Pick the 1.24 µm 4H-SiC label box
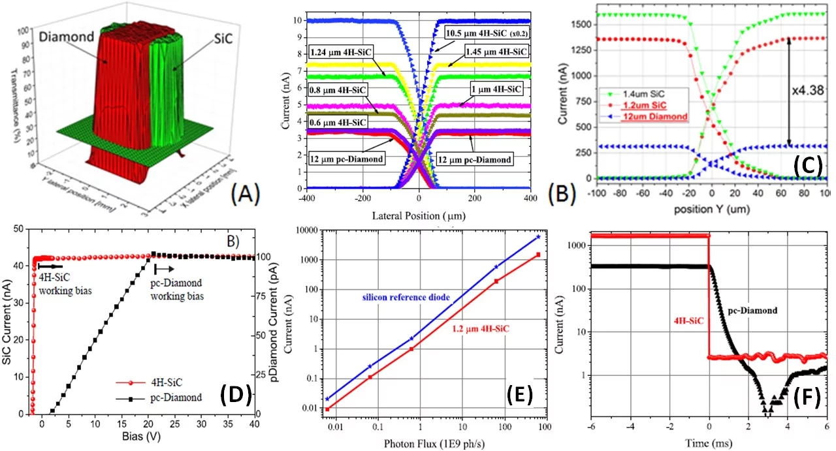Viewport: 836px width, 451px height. tap(338, 51)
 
